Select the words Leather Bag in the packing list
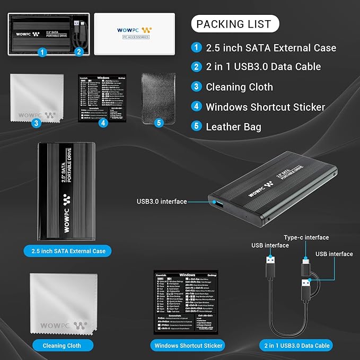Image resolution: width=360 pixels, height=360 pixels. [233, 127]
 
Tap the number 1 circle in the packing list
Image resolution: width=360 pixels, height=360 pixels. [197, 48]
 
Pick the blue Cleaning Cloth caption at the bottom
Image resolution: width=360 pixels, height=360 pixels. [62, 346]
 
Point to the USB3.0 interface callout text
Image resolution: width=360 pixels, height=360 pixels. [162, 201]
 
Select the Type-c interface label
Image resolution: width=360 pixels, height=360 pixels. [306, 238]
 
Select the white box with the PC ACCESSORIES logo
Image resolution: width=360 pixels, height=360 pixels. [134, 34]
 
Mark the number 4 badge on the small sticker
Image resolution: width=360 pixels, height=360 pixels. [104, 123]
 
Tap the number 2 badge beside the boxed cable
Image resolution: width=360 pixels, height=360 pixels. [78, 52]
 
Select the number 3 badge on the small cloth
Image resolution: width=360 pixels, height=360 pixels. [37, 123]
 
